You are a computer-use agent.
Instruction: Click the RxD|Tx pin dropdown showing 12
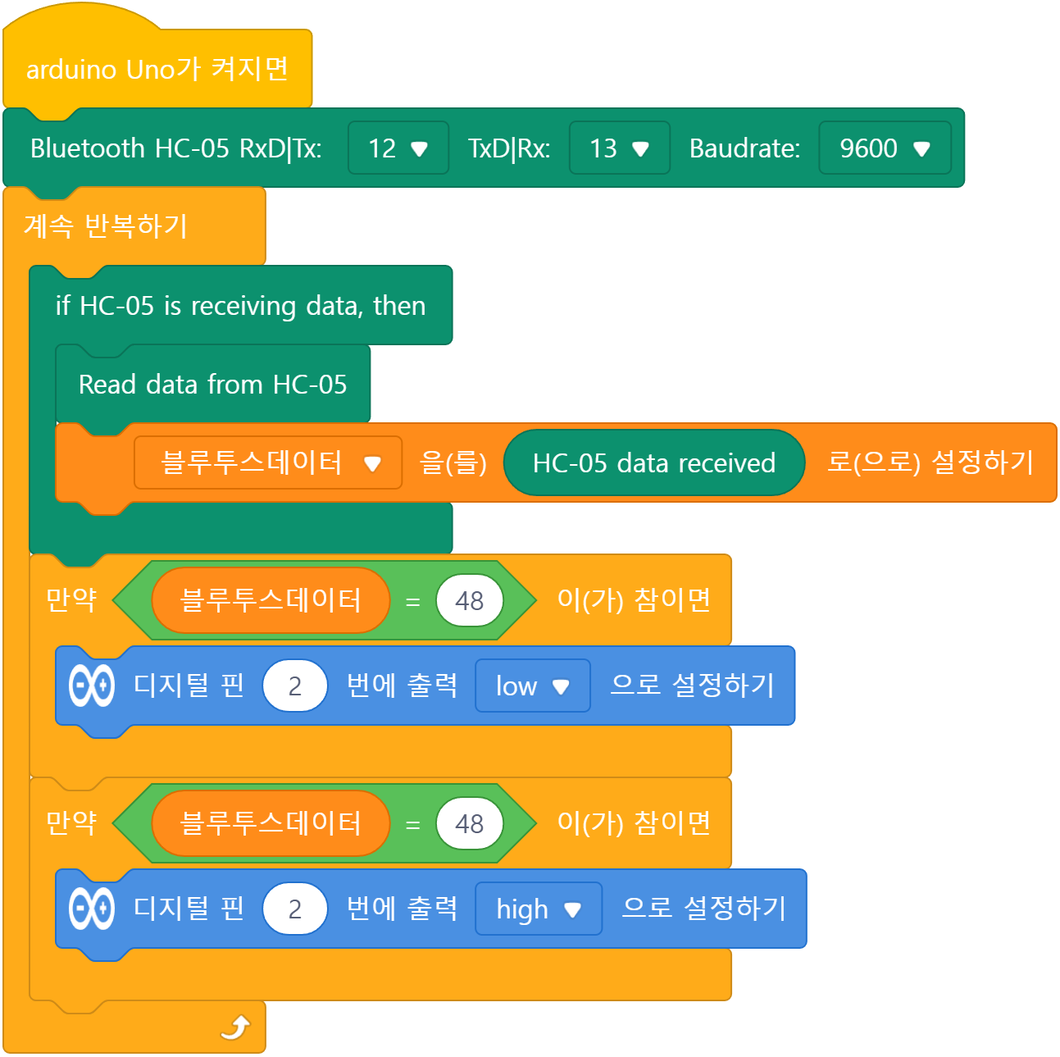[x=398, y=148]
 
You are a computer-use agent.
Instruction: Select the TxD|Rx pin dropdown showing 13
[x=619, y=148]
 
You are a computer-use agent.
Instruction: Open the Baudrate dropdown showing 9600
[x=884, y=148]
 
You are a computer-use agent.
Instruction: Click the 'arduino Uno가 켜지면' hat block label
[x=157, y=70]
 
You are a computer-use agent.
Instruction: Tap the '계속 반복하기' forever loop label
[x=106, y=226]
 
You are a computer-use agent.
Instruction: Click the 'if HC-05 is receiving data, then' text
[x=240, y=305]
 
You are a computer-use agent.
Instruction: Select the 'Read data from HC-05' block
[x=213, y=384]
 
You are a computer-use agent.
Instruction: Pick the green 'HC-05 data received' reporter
[x=653, y=462]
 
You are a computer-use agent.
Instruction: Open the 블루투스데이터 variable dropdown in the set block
[x=268, y=462]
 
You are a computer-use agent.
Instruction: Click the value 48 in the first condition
[x=469, y=599]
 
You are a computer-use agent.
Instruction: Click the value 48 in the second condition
[x=469, y=823]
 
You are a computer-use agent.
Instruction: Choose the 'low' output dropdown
[x=533, y=686]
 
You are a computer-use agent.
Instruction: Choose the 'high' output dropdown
[x=539, y=909]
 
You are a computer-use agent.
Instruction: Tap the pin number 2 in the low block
[x=295, y=686]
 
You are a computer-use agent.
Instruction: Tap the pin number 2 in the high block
[x=295, y=909]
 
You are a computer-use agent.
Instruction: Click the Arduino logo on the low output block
[x=92, y=686]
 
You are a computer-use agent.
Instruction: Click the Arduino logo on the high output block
[x=92, y=909]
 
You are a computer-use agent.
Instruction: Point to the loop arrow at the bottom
[x=235, y=1027]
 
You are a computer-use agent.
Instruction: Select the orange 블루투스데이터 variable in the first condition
[x=271, y=599]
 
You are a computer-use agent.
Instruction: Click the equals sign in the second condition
[x=412, y=824]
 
